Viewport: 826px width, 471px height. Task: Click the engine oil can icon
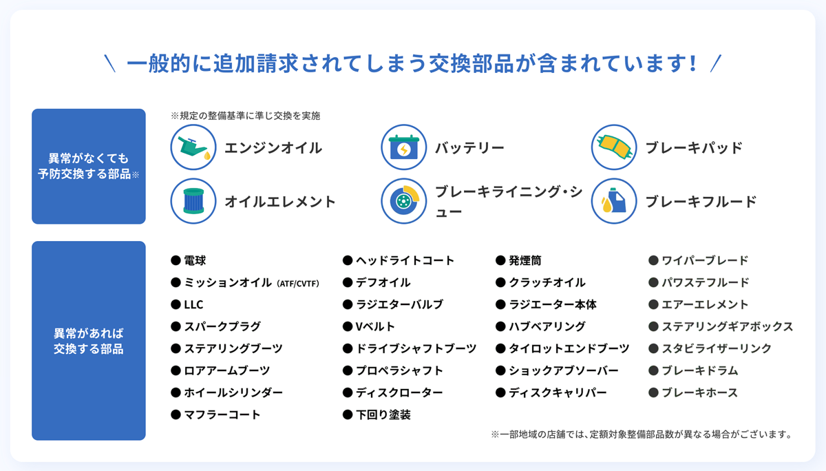[193, 147]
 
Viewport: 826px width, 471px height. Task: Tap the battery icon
[404, 147]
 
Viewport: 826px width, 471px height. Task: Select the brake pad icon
[614, 147]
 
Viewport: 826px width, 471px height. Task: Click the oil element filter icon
[193, 201]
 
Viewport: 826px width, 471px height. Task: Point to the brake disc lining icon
[404, 201]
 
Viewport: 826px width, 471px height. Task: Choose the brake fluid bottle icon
[614, 201]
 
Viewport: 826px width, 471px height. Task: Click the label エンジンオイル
[273, 148]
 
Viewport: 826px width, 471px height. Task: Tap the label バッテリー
[469, 148]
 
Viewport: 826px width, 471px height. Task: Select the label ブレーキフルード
[701, 202]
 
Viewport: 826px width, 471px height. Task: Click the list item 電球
[195, 260]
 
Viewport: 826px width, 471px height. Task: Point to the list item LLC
[193, 304]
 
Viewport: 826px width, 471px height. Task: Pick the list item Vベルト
[375, 326]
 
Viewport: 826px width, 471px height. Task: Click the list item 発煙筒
[525, 260]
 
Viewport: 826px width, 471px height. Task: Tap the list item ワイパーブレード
[705, 260]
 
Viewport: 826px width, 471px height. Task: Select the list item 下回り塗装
[383, 415]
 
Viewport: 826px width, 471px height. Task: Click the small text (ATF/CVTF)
[297, 284]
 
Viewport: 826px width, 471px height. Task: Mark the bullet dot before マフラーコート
[176, 415]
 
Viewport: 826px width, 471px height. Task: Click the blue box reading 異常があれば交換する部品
[89, 340]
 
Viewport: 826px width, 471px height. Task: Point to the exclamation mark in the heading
[693, 63]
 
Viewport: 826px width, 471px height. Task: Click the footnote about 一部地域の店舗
[642, 435]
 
